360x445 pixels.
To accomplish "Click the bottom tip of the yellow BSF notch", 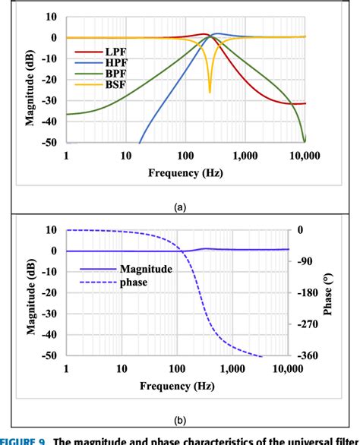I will pos(210,93).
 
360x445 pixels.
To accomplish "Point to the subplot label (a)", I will pos(181,206).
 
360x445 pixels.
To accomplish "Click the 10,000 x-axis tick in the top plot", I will pos(305,155).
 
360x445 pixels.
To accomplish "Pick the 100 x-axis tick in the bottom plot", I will pos(177,368).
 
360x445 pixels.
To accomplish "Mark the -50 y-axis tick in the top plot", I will pos(49,142).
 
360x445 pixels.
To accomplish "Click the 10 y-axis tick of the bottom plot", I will pos(52,229).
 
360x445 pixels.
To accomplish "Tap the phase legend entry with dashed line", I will pos(132,282).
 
